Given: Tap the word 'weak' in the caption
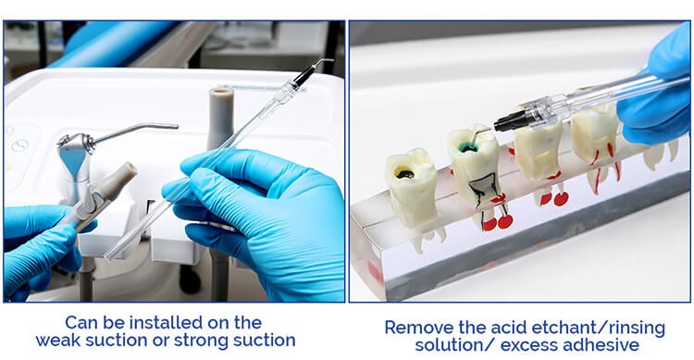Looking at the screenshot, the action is (56, 340).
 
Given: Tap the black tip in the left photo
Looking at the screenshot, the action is (304, 76).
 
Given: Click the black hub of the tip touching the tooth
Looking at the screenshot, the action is (509, 121).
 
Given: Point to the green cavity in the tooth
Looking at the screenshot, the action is (467, 148).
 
